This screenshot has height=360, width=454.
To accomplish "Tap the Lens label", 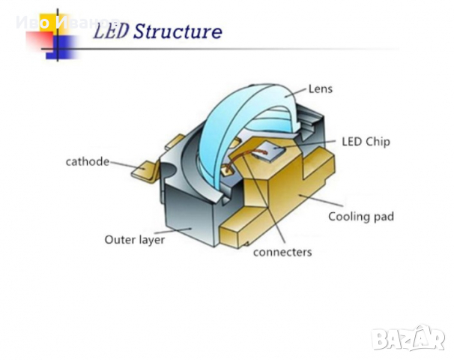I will pyautogui.click(x=320, y=88).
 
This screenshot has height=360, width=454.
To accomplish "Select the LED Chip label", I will pyautogui.click(x=366, y=140).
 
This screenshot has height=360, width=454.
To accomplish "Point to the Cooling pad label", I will pyautogui.click(x=360, y=217).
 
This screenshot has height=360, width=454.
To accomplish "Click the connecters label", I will pyautogui.click(x=282, y=252).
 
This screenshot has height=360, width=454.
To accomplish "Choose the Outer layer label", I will pyautogui.click(x=134, y=240).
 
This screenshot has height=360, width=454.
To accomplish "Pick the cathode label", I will pyautogui.click(x=88, y=161).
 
